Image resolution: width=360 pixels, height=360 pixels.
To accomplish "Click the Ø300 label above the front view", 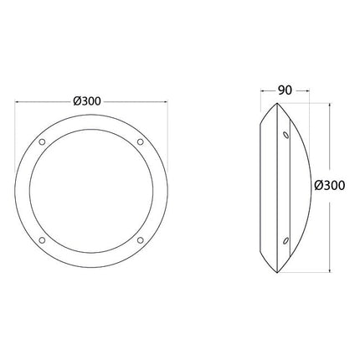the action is [87, 101].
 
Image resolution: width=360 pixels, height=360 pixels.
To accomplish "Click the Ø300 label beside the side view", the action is [330, 186].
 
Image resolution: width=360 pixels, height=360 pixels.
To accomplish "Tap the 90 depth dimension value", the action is [285, 90].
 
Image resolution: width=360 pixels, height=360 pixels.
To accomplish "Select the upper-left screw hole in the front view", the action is [42, 141].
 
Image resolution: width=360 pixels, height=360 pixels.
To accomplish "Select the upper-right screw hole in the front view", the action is [141, 141].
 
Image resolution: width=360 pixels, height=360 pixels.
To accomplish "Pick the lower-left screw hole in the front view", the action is [42, 240].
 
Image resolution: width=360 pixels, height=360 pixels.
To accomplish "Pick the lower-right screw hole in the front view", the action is [141, 240].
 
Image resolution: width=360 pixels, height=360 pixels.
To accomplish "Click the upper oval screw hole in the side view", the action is [285, 135].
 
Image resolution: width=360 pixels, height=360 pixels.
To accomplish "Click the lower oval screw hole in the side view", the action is [285, 240].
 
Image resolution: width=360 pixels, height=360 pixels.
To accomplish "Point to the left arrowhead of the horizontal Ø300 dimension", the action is [17, 102].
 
